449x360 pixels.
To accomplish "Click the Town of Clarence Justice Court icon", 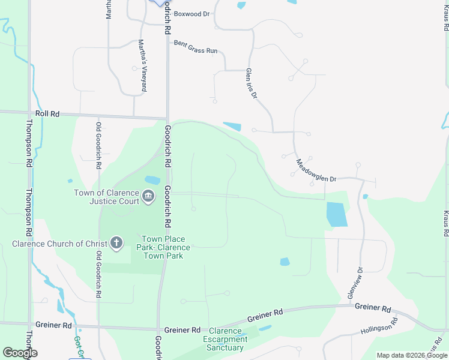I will tap(148, 196).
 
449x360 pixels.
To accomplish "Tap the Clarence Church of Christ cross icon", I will tap(116, 244).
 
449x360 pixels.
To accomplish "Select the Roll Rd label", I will tap(48, 113).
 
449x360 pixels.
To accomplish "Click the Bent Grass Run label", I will tap(196, 47).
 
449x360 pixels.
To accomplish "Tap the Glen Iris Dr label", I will tap(252, 83).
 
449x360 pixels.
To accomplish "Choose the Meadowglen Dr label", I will tap(316, 170).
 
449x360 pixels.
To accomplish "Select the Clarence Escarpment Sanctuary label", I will tap(225, 340).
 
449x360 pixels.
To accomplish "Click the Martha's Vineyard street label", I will tap(143, 65).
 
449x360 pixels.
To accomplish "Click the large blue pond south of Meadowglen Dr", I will tap(337, 214).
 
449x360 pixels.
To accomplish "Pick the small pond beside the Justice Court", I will tap(152, 180).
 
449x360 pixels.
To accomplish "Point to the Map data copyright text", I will tap(412, 355).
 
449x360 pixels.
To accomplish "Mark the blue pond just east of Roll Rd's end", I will tap(232, 127).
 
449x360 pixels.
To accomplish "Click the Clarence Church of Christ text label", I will tap(59, 244).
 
